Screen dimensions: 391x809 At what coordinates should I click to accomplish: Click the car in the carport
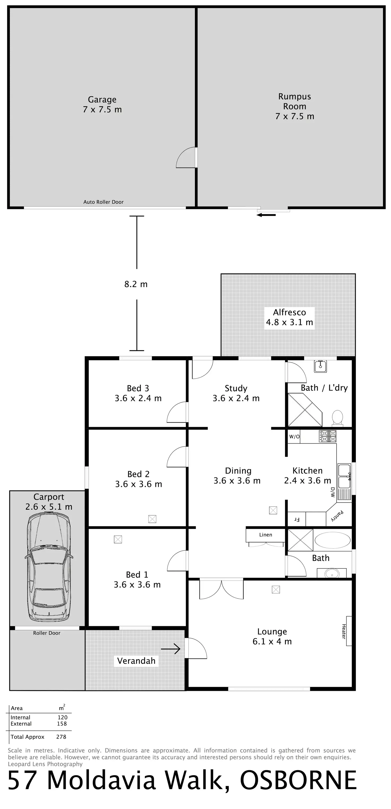[x=49, y=567]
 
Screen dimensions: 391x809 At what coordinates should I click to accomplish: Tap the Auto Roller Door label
[x=103, y=202]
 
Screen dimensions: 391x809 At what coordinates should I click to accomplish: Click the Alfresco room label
[x=289, y=317]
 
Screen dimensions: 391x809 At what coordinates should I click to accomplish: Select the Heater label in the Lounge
[x=344, y=631]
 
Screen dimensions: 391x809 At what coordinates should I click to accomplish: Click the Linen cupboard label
[x=265, y=534]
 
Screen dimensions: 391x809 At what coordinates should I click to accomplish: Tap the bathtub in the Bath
[x=332, y=540]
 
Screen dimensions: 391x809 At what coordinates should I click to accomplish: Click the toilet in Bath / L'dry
[x=337, y=417]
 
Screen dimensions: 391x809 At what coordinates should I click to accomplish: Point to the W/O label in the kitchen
[x=294, y=437]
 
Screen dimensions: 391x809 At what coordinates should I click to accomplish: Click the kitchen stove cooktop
[x=327, y=436]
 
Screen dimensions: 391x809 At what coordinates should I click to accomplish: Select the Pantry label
[x=337, y=516]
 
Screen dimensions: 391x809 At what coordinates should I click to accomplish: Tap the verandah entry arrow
[x=171, y=649]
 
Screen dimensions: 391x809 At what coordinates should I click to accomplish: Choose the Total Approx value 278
[x=61, y=736]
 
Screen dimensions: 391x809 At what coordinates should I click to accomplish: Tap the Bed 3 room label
[x=138, y=393]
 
